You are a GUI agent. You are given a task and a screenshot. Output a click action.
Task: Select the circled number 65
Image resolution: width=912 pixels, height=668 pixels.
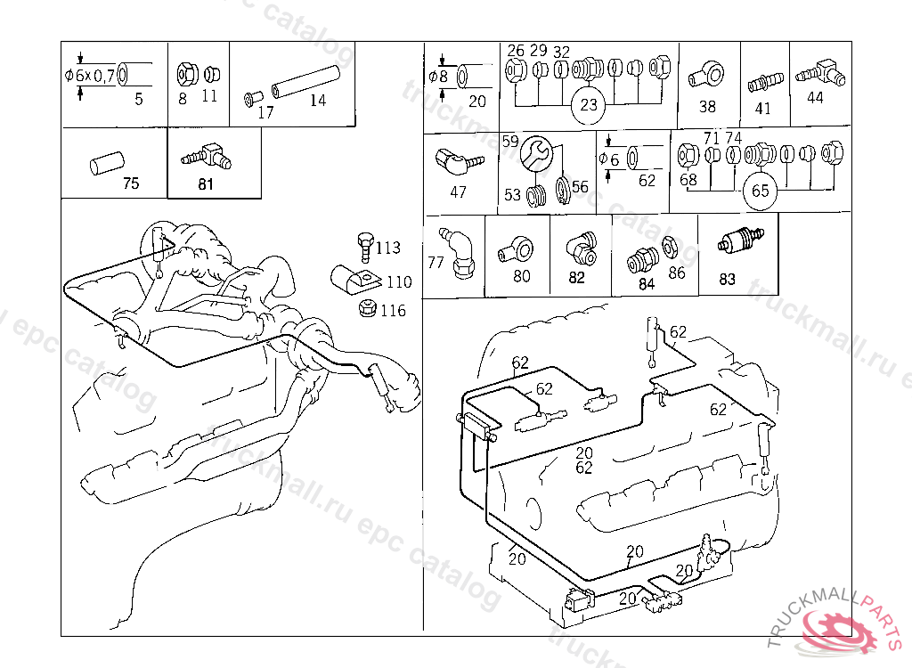click(x=760, y=191)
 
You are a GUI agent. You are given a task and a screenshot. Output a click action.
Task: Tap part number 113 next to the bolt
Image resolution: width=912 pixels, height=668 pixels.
click(x=387, y=248)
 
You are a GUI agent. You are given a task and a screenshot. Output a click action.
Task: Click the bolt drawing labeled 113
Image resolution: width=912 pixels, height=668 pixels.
click(x=362, y=245)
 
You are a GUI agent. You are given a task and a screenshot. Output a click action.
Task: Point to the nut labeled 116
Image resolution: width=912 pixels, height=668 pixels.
click(x=363, y=309)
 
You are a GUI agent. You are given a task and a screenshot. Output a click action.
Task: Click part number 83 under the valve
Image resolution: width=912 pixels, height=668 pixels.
click(x=727, y=279)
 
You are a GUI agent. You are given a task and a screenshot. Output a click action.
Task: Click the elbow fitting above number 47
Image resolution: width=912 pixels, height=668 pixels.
click(x=455, y=162)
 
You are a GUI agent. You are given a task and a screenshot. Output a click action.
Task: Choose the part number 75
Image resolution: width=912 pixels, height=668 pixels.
click(x=131, y=184)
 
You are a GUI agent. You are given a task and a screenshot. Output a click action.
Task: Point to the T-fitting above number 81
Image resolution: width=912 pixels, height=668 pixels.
click(x=208, y=157)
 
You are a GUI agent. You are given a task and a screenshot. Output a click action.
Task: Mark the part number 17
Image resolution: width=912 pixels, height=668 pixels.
click(x=265, y=112)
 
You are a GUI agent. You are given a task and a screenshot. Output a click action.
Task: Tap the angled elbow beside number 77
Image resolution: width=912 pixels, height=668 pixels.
click(x=460, y=251)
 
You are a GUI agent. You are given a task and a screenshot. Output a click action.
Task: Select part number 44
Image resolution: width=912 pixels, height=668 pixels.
click(x=815, y=98)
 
